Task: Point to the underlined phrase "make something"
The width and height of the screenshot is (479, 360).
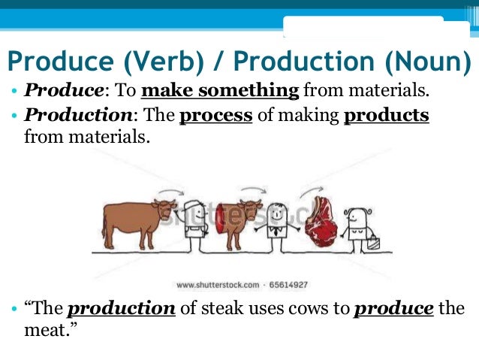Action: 220,92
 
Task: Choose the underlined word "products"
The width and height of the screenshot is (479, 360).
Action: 386,116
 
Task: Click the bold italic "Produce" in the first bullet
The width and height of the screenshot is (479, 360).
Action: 63,92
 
